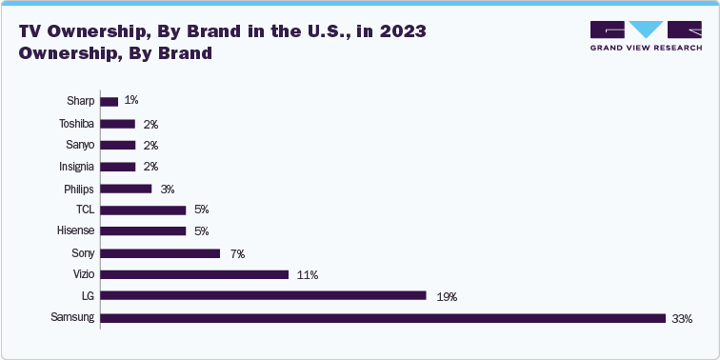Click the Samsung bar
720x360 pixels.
382,318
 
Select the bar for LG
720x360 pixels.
263,296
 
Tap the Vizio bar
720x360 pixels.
194,274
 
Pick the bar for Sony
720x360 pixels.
160,253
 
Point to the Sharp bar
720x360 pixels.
110,101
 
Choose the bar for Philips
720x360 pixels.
126,189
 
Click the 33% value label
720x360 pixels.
682,319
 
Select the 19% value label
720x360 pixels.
447,297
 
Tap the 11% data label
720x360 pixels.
307,275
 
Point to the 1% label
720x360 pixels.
131,101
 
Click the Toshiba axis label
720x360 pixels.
76,123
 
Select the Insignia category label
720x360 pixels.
75,167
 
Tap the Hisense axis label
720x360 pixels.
75,231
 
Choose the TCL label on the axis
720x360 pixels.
85,210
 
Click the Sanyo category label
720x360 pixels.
79,145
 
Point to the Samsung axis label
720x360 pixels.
73,318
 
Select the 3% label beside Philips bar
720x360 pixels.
167,189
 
